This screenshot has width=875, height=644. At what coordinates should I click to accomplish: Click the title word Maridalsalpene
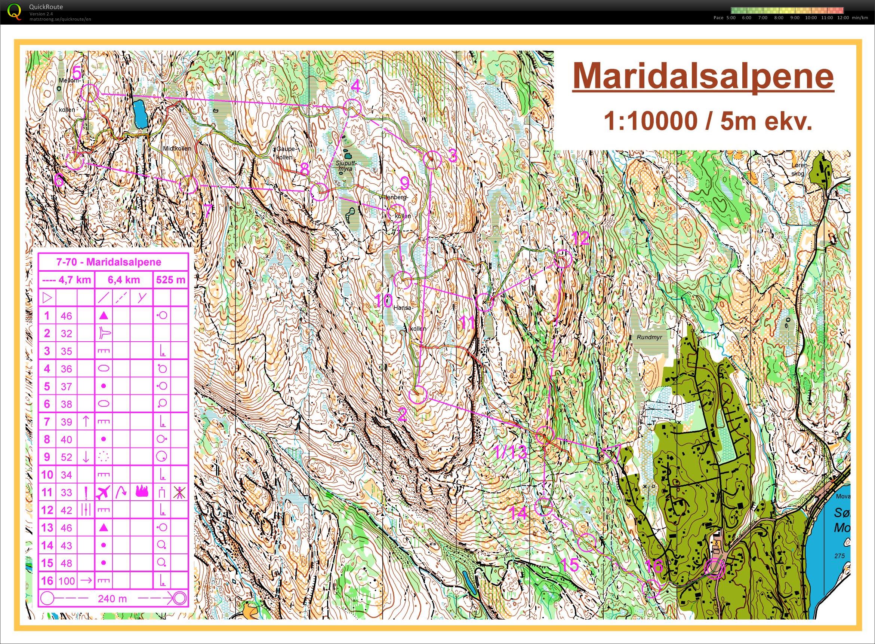pos(703,77)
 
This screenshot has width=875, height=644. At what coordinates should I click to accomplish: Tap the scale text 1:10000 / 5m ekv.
pos(708,121)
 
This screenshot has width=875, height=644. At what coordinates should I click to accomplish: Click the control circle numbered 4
pos(352,108)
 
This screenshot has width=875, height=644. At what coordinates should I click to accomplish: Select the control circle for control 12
pos(562,259)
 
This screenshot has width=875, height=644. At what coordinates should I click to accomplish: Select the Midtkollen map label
pos(177,149)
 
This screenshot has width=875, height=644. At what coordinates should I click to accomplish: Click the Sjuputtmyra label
pos(346,167)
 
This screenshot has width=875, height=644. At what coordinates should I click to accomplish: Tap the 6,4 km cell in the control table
pos(123,280)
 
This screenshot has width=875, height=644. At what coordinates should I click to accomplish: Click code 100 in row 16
pos(66,581)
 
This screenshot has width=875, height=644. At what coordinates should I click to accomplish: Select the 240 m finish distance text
pos(112,598)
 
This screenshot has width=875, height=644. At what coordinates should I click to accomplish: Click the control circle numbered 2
pos(418,394)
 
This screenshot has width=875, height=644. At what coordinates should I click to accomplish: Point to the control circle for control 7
pos(188,184)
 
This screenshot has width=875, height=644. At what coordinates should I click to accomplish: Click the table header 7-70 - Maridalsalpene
pos(109,262)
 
